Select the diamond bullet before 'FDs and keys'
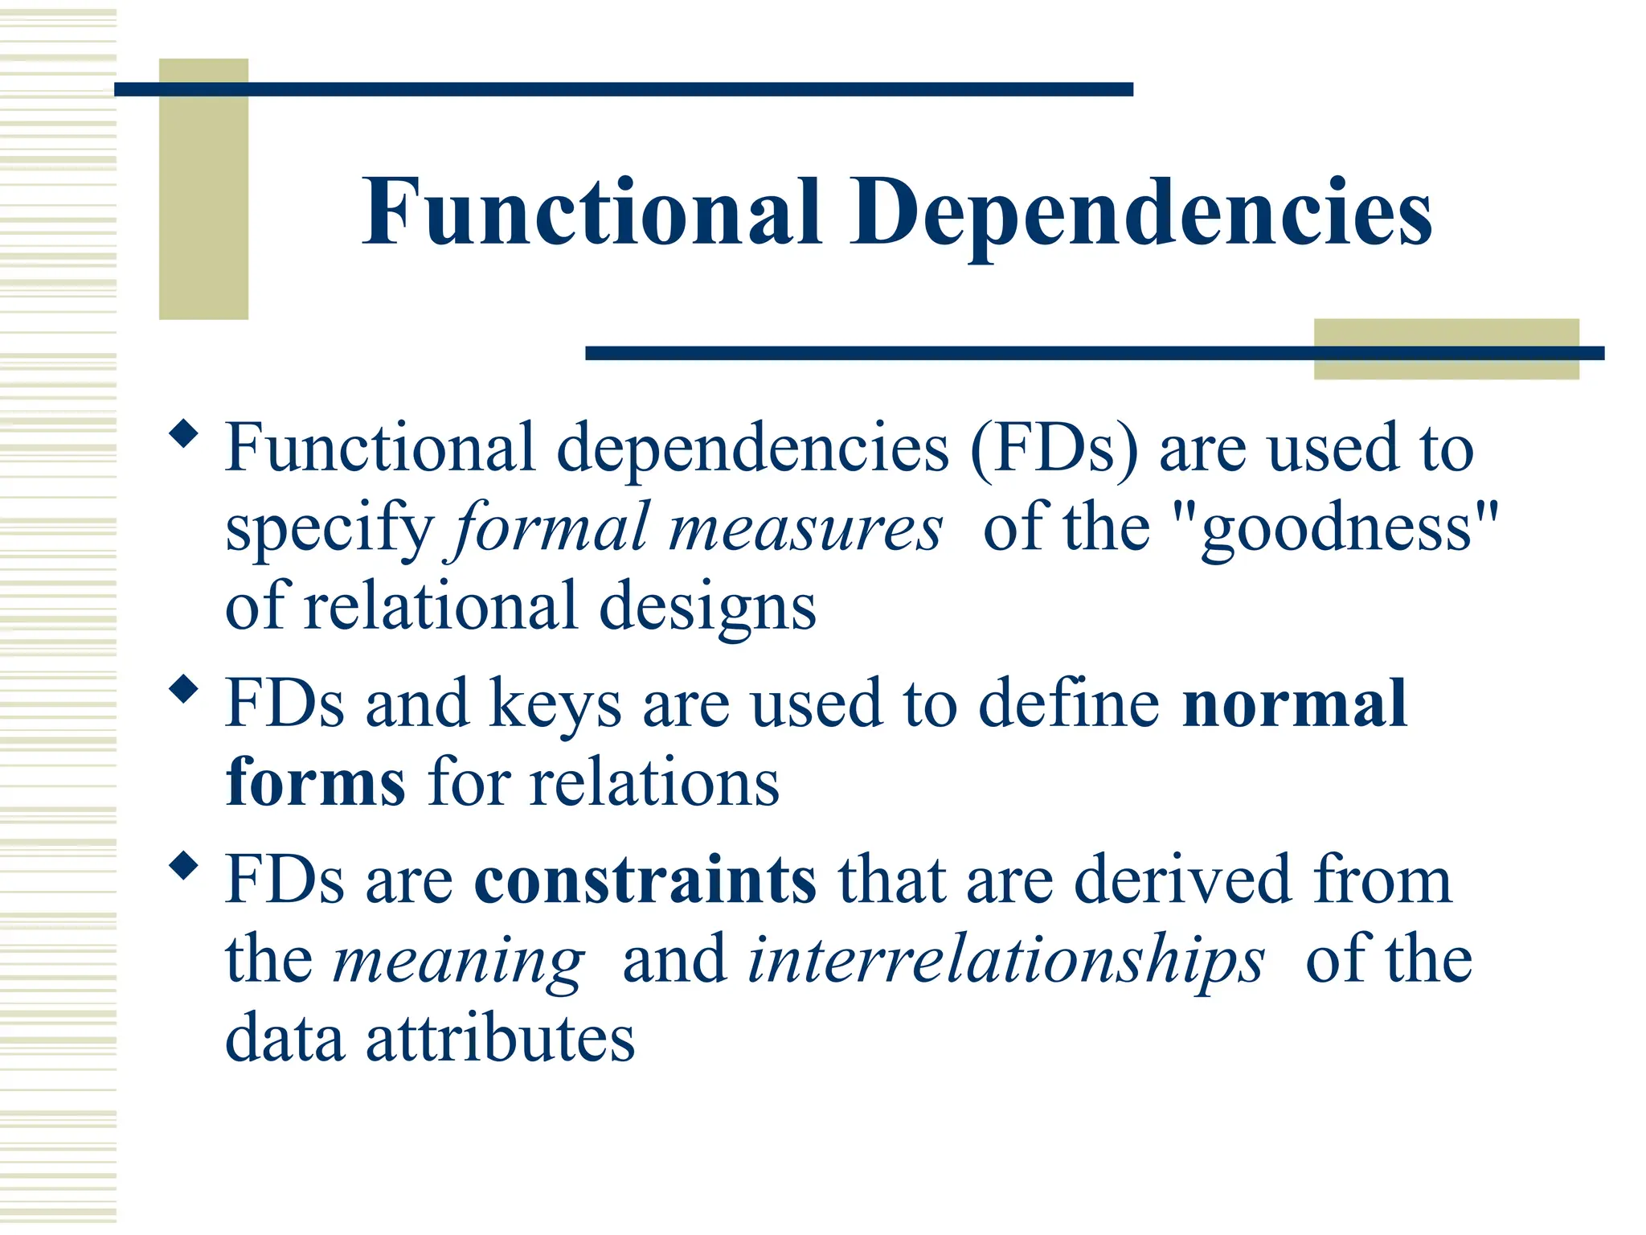point(184,689)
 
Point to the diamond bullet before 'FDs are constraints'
point(184,865)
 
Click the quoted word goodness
point(1335,529)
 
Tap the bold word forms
point(315,782)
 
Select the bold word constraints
point(645,880)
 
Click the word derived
point(1181,880)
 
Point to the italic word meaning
point(459,962)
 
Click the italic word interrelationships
point(1005,960)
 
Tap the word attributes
point(500,1039)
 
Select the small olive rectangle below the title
point(1446,349)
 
